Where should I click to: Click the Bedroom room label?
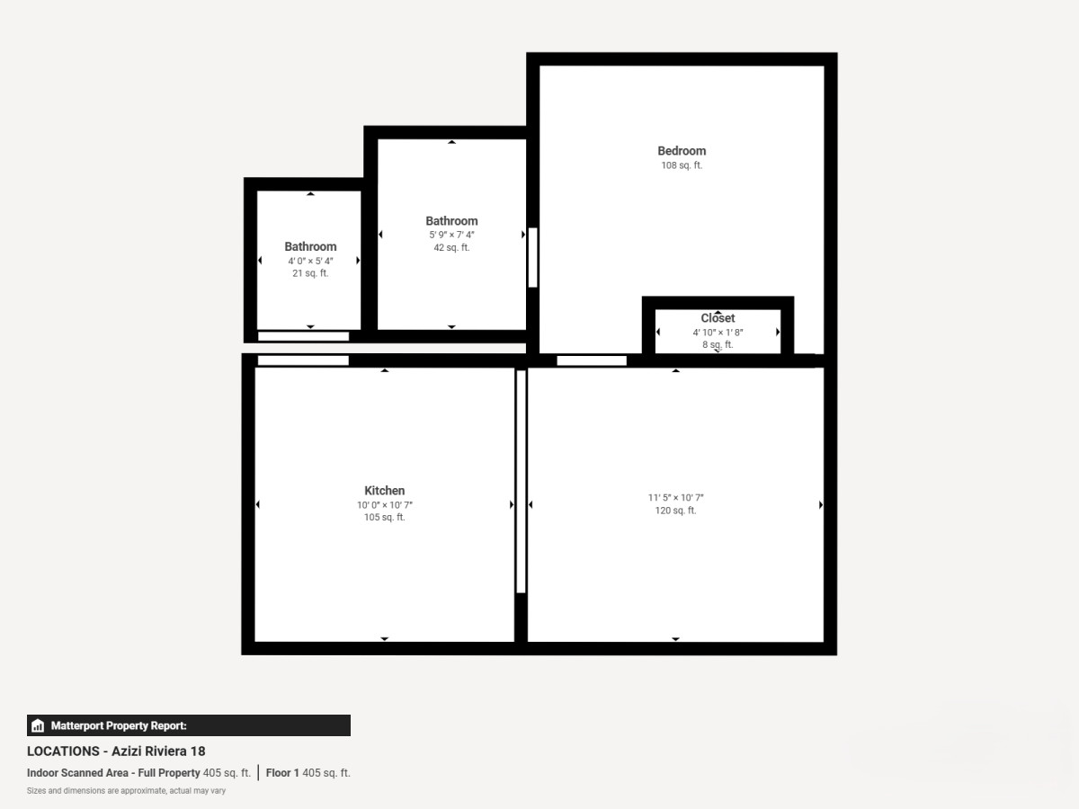click(682, 151)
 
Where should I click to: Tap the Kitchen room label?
click(385, 491)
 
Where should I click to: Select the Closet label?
click(718, 318)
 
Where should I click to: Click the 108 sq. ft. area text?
click(682, 165)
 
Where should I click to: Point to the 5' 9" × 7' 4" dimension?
click(451, 235)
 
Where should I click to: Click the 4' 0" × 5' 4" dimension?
click(310, 261)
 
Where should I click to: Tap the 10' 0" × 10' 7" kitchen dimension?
click(385, 505)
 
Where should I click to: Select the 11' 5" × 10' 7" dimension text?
click(675, 498)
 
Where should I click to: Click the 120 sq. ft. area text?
click(675, 511)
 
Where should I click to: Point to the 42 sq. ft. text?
click(451, 247)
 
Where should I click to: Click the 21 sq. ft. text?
click(310, 273)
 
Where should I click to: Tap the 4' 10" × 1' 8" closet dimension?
click(718, 333)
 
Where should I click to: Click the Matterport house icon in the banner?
click(38, 725)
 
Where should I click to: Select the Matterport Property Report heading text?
click(119, 725)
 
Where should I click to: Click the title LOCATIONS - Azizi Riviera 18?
click(116, 751)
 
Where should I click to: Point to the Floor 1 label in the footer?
click(282, 773)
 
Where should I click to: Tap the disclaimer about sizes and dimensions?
click(126, 791)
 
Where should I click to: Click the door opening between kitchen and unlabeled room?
click(521, 482)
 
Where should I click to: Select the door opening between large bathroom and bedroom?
click(533, 257)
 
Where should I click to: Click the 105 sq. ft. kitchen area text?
click(385, 517)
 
